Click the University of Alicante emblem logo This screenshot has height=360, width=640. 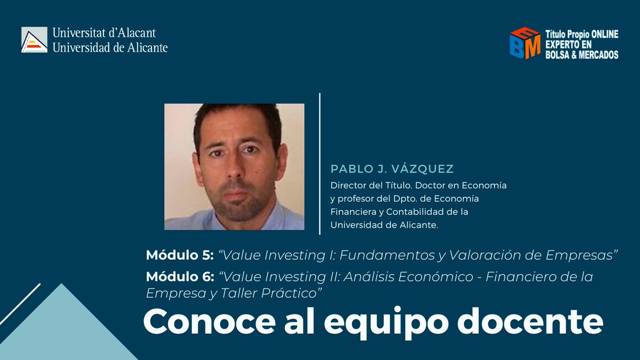click(34, 40)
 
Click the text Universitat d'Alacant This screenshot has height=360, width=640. click(104, 33)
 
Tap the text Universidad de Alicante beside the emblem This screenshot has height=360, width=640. click(110, 47)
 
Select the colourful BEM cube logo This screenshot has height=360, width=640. click(525, 43)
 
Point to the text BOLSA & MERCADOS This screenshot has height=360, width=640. click(581, 54)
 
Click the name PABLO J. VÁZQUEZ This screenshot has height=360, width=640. click(392, 169)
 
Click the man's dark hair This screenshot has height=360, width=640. click(235, 117)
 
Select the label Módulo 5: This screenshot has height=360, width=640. click(179, 255)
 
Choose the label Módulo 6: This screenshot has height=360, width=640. click(179, 277)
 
